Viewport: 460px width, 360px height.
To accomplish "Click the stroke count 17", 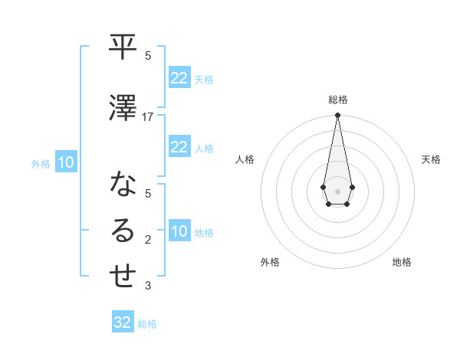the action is click(x=148, y=116).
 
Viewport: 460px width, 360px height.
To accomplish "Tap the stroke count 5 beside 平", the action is click(x=148, y=56).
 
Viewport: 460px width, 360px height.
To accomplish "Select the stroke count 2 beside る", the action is click(x=148, y=240).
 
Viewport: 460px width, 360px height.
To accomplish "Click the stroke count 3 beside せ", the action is click(x=148, y=286).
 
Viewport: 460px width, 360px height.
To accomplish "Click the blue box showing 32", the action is click(x=123, y=322).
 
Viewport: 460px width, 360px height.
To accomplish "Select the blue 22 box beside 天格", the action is click(x=179, y=78).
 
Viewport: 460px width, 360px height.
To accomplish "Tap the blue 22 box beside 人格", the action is click(x=179, y=147).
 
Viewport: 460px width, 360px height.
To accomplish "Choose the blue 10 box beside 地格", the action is click(x=179, y=231).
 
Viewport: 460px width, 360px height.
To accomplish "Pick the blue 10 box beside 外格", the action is click(x=65, y=162).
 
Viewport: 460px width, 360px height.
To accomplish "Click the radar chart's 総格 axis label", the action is click(x=337, y=100).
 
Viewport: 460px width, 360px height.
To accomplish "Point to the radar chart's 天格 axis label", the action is click(x=431, y=159).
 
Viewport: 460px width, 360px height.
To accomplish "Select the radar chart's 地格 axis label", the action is click(x=402, y=262).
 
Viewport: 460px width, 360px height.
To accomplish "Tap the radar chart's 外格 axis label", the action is click(x=270, y=262).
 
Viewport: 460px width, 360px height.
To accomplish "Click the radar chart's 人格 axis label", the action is click(x=245, y=159).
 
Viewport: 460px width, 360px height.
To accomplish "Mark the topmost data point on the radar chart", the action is click(x=337, y=116).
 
